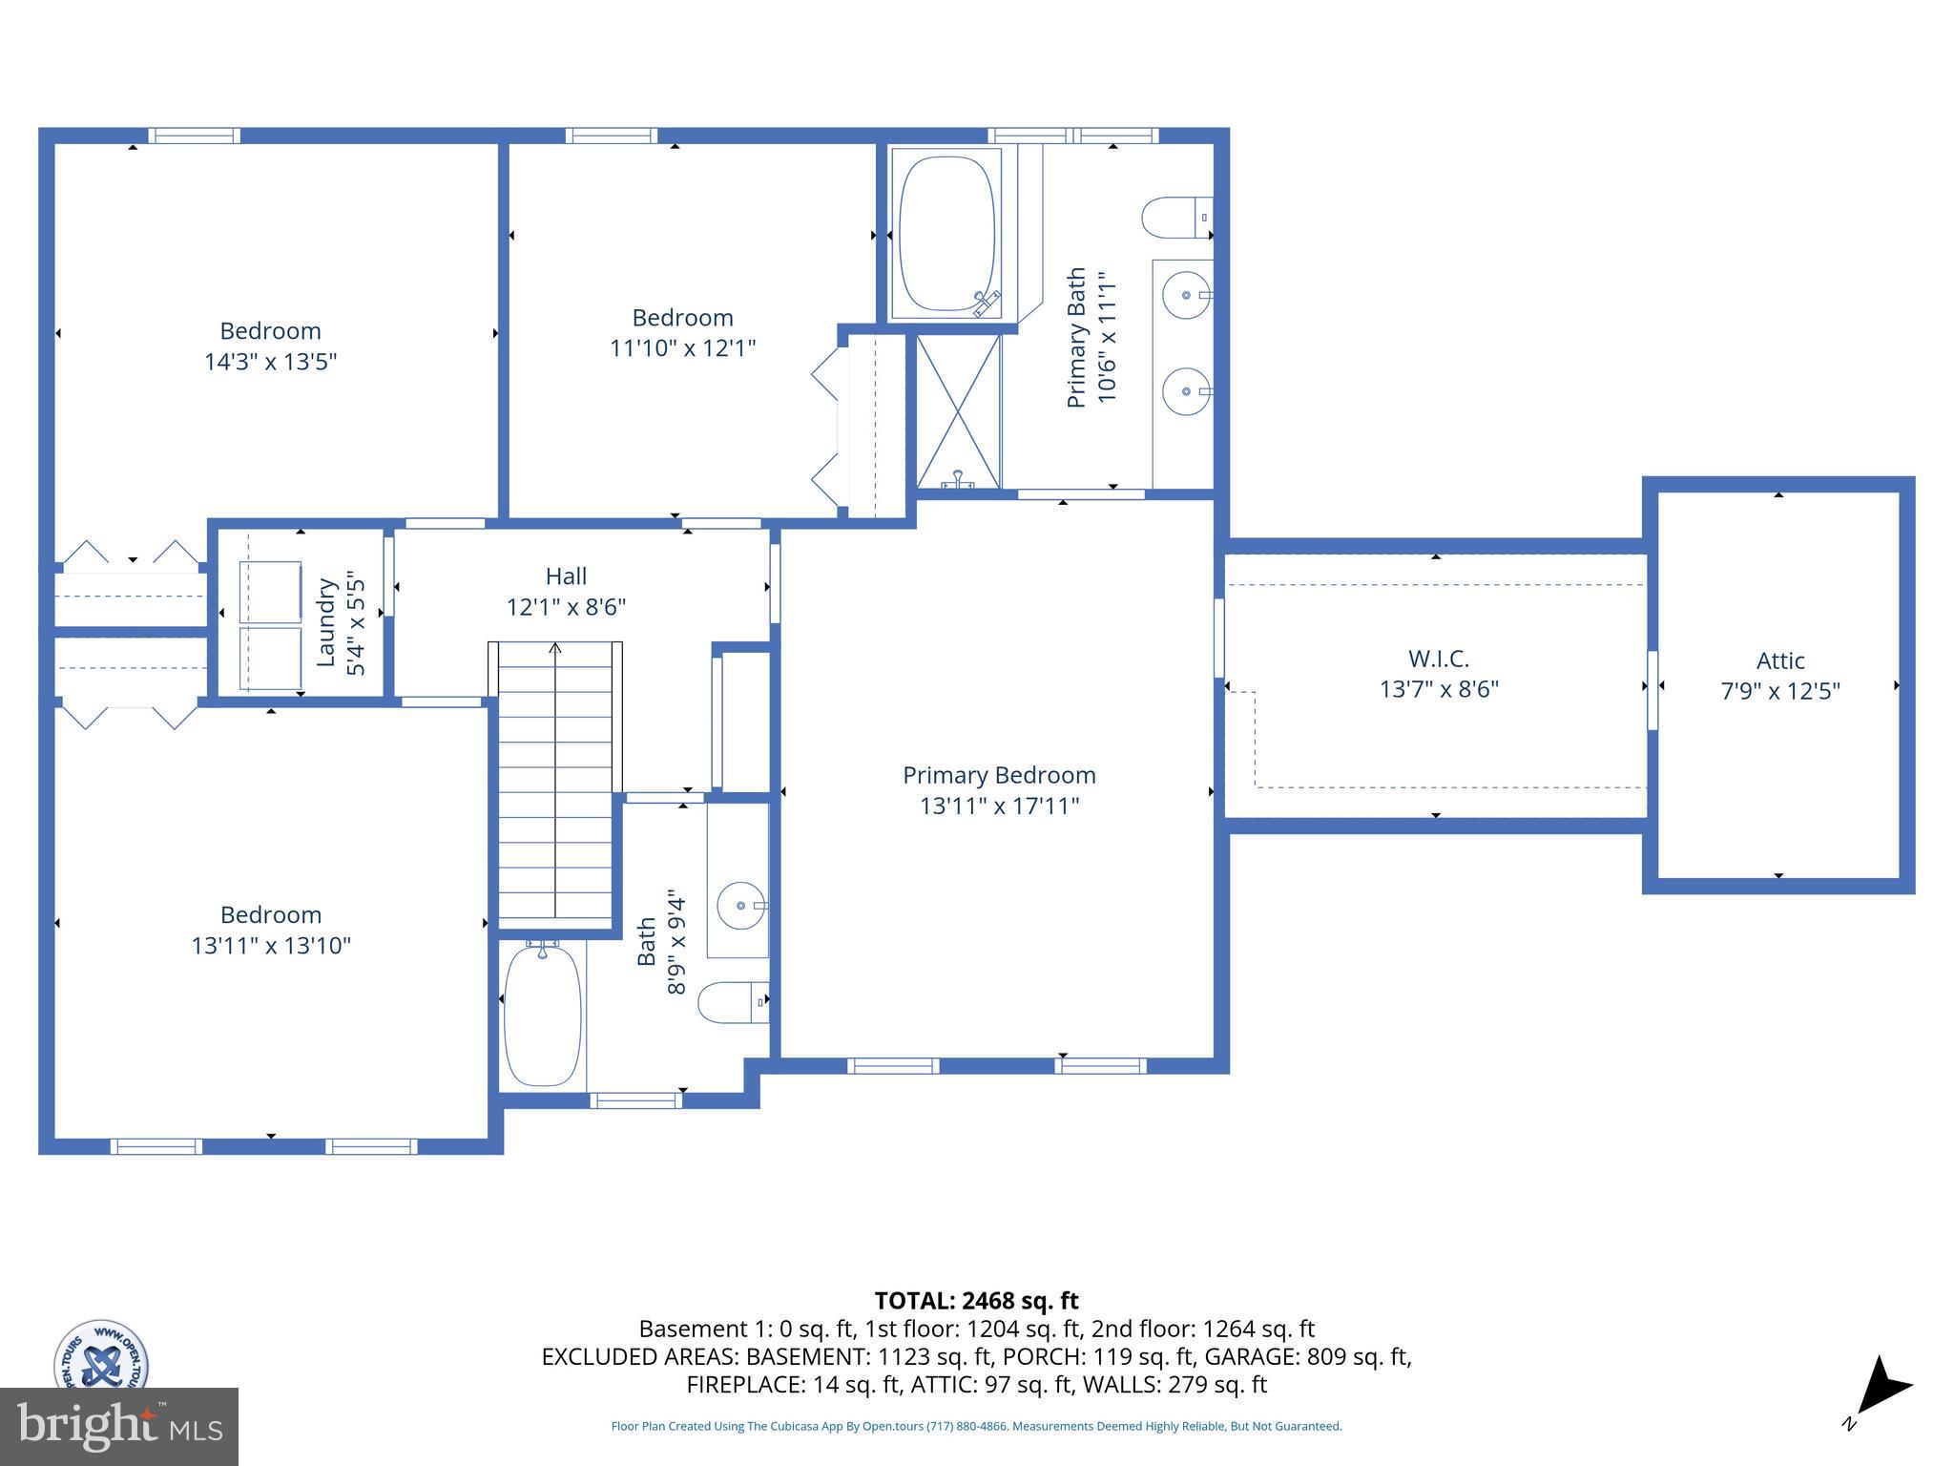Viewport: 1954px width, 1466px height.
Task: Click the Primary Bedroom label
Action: [x=999, y=775]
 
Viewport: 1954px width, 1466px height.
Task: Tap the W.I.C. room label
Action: [x=1438, y=659]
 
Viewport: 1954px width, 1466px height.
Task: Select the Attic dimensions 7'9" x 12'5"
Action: [x=1779, y=691]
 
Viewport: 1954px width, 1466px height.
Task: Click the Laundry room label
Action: [x=326, y=622]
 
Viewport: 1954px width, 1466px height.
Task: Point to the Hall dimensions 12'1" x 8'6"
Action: [x=566, y=607]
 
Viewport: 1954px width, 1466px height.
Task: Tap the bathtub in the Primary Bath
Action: [x=946, y=234]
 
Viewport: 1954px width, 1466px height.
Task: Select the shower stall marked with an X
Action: [x=958, y=410]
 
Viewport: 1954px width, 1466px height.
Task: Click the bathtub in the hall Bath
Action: [x=541, y=1016]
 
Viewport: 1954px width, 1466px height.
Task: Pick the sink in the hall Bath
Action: [x=740, y=905]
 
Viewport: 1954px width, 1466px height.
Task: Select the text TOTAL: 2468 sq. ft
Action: [x=976, y=1301]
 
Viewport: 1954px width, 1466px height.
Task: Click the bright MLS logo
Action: [x=118, y=1426]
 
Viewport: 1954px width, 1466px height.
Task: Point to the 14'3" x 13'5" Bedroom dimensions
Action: [x=270, y=362]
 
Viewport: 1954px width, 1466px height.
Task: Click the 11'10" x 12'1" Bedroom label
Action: [x=682, y=318]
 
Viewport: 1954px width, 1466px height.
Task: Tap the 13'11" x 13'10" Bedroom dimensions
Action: [x=271, y=945]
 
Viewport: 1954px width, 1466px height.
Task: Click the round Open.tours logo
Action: [x=100, y=1354]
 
